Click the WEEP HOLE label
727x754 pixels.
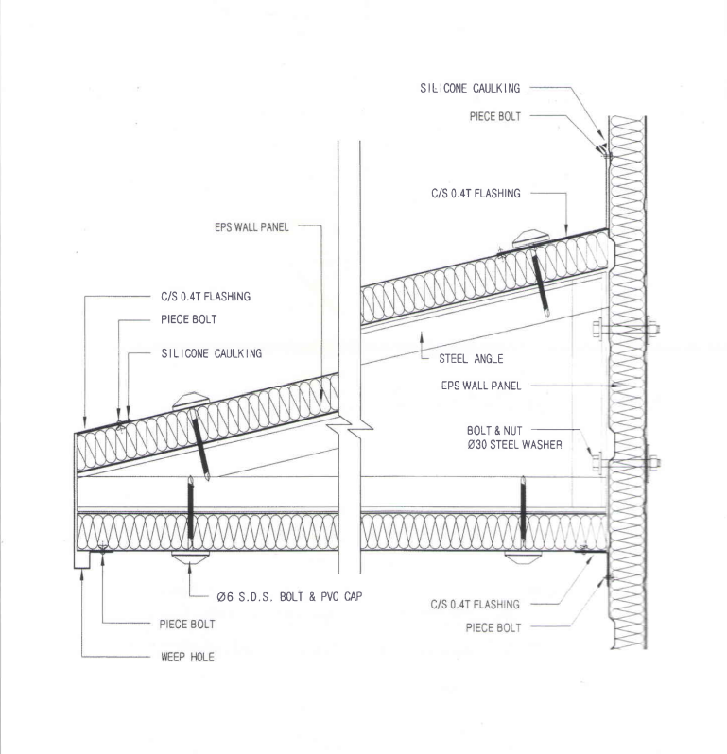(x=187, y=657)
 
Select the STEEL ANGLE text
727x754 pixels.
(x=471, y=359)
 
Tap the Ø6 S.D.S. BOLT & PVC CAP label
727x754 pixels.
(x=289, y=597)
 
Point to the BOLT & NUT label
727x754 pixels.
(x=494, y=430)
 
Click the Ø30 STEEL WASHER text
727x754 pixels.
(x=514, y=445)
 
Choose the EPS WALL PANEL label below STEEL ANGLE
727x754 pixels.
(x=481, y=386)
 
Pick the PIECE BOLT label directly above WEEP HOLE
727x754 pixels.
(x=187, y=625)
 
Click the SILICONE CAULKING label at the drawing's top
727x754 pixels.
(x=470, y=88)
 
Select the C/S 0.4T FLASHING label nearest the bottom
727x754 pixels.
(x=476, y=605)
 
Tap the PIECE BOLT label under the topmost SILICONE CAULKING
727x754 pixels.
(x=495, y=116)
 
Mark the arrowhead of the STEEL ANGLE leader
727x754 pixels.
(x=422, y=335)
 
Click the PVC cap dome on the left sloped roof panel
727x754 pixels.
(x=191, y=401)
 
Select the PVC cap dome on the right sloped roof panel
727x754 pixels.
(x=531, y=238)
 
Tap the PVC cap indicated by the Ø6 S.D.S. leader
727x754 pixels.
(x=191, y=557)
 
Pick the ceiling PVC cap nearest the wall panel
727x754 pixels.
(x=523, y=557)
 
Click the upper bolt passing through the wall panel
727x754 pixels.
(x=626, y=330)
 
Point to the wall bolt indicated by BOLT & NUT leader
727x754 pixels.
(x=626, y=464)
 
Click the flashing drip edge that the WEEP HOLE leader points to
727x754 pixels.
(x=82, y=560)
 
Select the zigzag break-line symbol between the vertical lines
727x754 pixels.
(x=355, y=428)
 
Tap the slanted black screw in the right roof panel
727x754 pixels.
(x=541, y=284)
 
